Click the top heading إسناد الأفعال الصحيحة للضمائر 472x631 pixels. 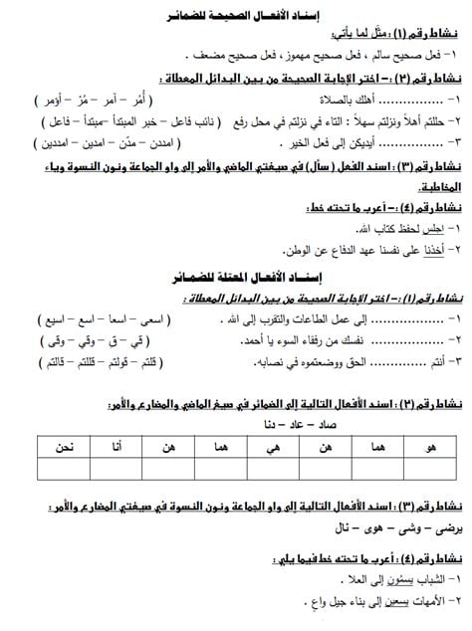coord(238,15)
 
